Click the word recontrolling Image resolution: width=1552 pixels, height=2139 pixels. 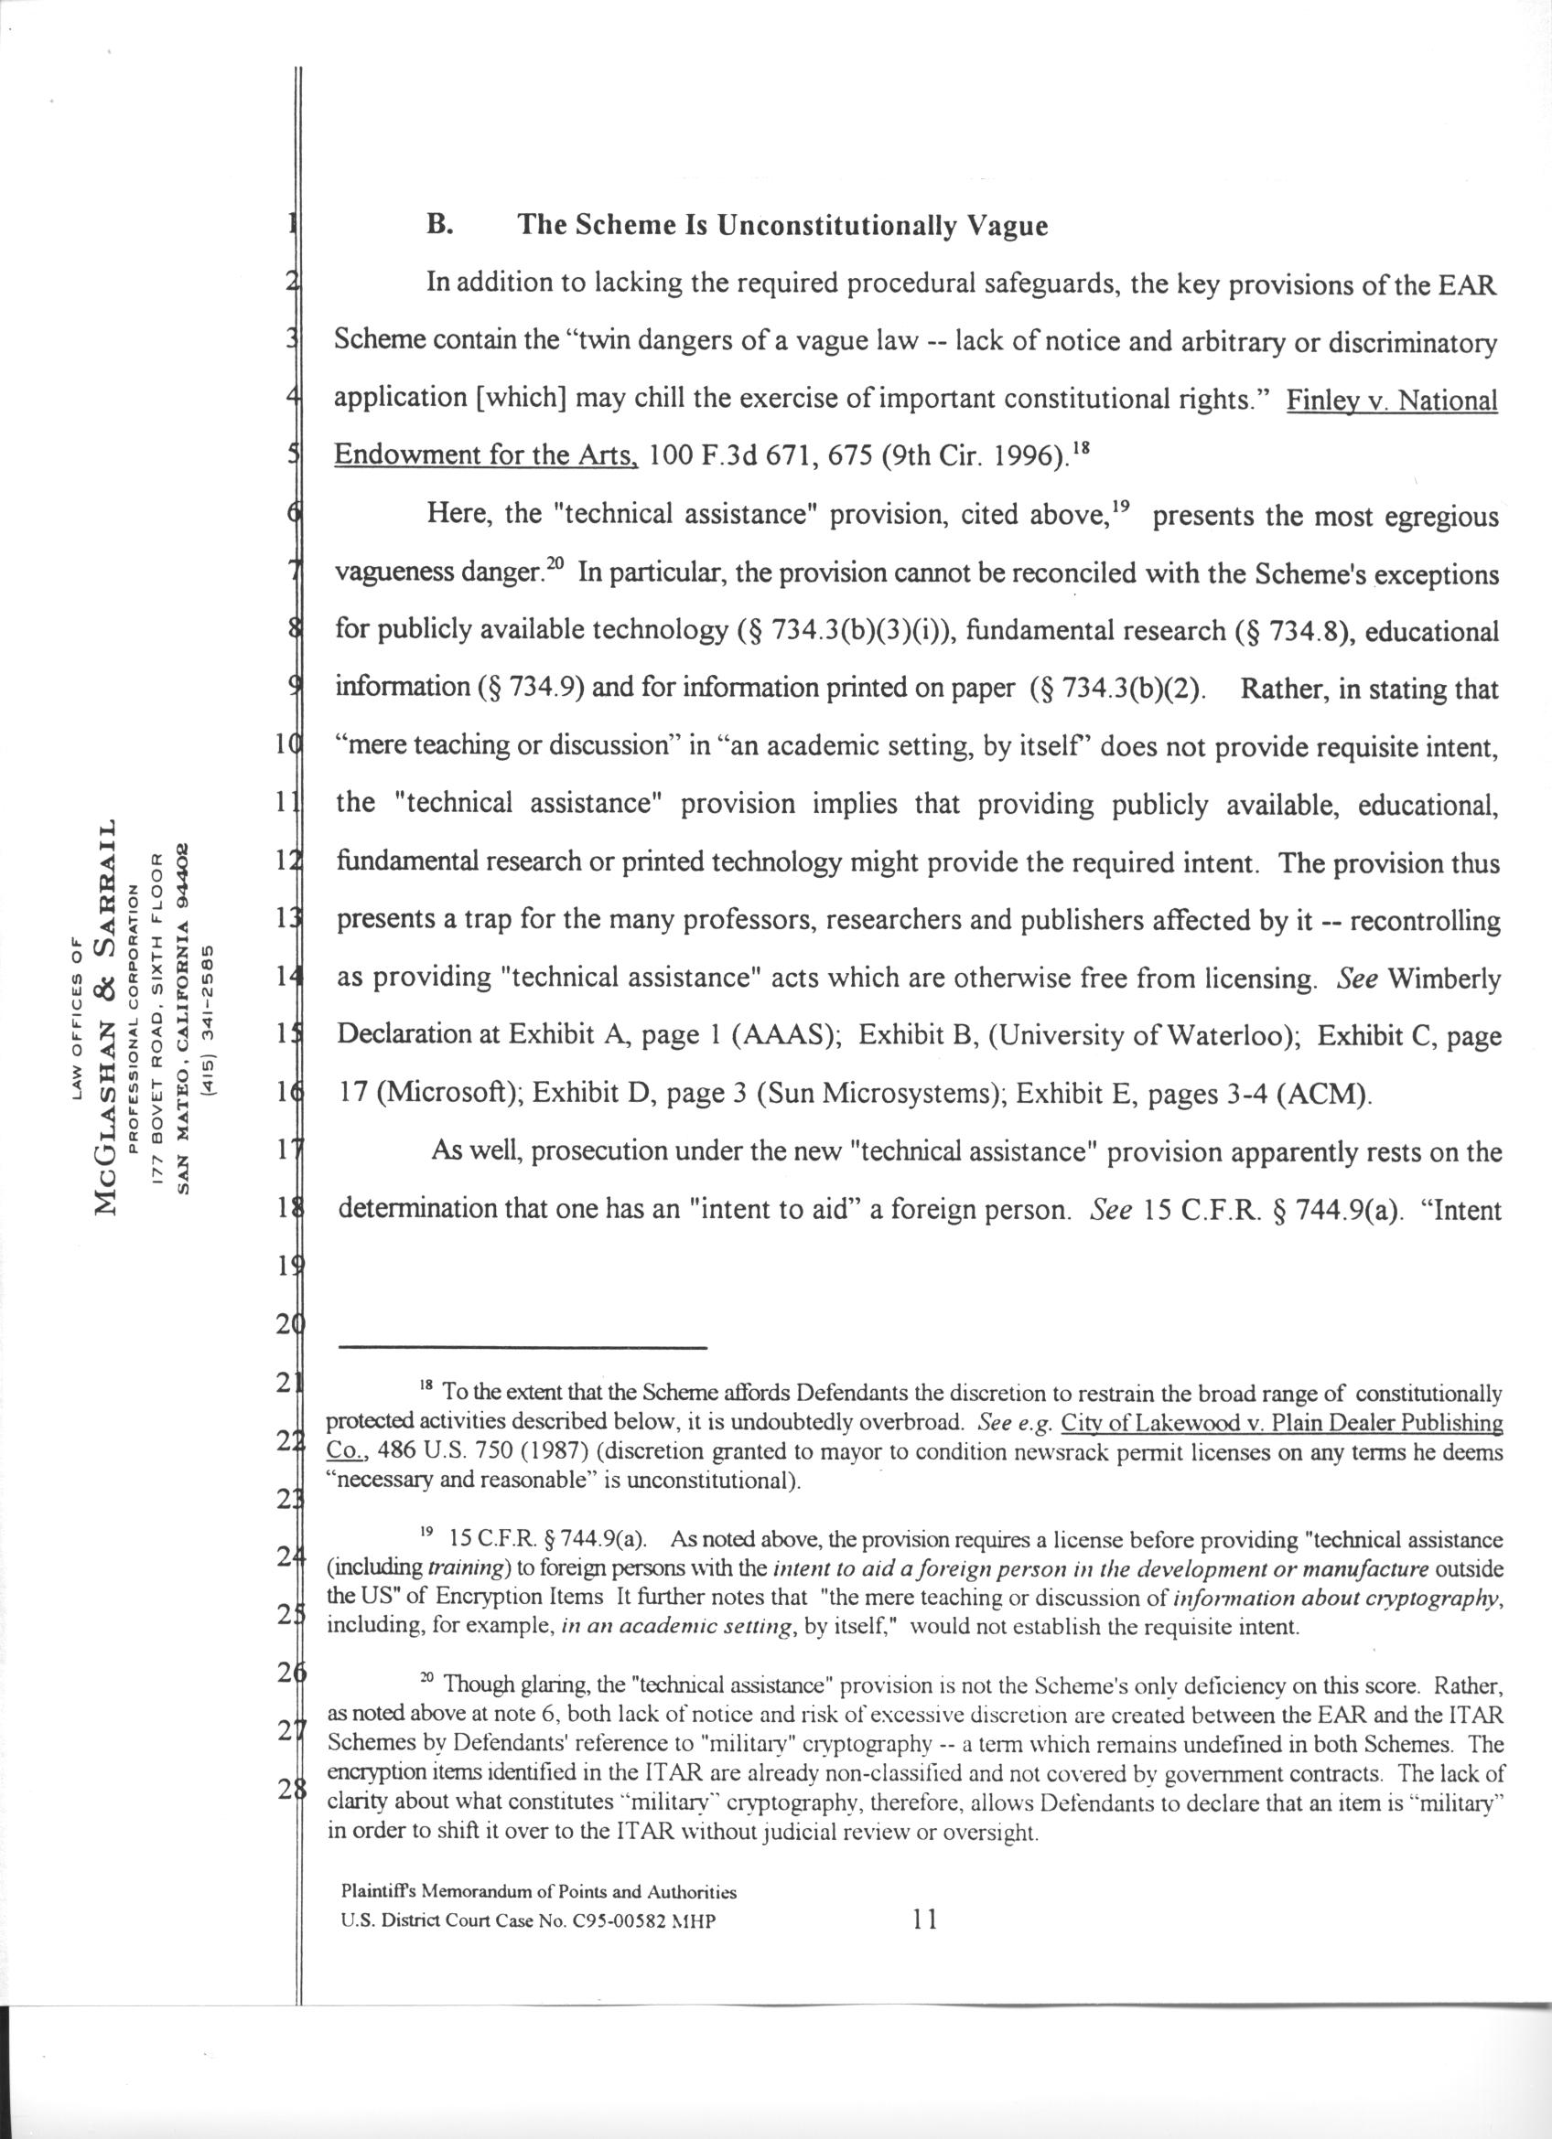pyautogui.click(x=1425, y=921)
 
